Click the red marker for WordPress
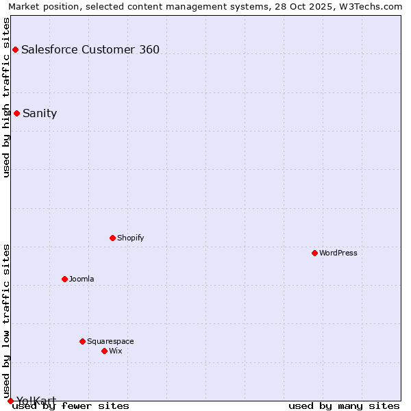tap(314, 253)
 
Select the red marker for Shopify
tap(112, 238)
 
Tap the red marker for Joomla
tap(64, 279)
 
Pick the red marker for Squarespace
tap(82, 341)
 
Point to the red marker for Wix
tap(104, 351)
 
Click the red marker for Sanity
tap(16, 113)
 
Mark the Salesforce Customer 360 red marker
tap(15, 49)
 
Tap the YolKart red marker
tap(10, 401)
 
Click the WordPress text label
tap(338, 253)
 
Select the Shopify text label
tap(130, 238)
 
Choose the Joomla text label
tap(82, 279)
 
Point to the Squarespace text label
tap(110, 341)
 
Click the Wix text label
tap(116, 351)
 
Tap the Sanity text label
tap(40, 114)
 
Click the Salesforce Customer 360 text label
tap(90, 49)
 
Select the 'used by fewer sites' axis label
tap(71, 406)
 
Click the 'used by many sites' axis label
tap(344, 406)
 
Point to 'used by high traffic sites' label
tap(6, 97)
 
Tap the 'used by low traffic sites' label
tap(6, 321)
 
